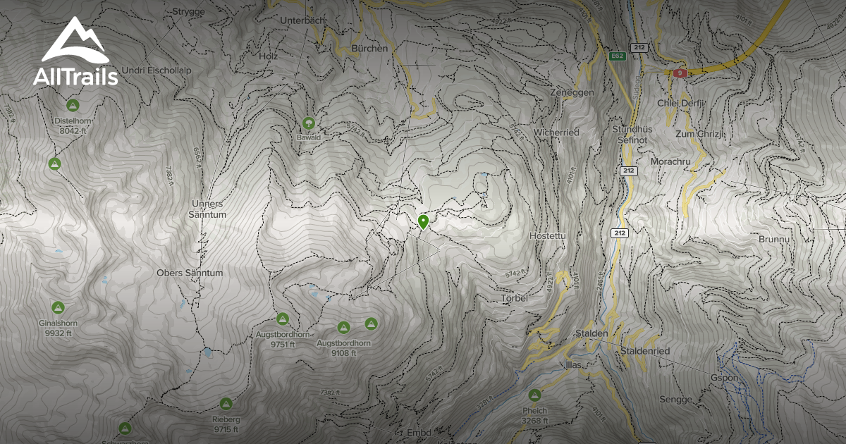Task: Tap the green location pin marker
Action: (x=423, y=222)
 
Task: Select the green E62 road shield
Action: (x=617, y=56)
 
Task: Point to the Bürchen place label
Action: (x=369, y=49)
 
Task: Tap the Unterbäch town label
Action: (x=302, y=21)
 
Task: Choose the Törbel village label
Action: (x=514, y=298)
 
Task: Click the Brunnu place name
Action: (x=773, y=240)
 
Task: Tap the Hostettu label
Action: (x=548, y=235)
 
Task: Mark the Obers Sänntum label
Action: (x=190, y=273)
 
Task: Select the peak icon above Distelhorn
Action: (x=72, y=105)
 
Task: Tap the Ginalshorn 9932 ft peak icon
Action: (x=58, y=307)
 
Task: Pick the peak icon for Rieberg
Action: (x=226, y=404)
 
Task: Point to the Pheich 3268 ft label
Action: (x=534, y=415)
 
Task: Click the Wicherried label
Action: (x=556, y=132)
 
